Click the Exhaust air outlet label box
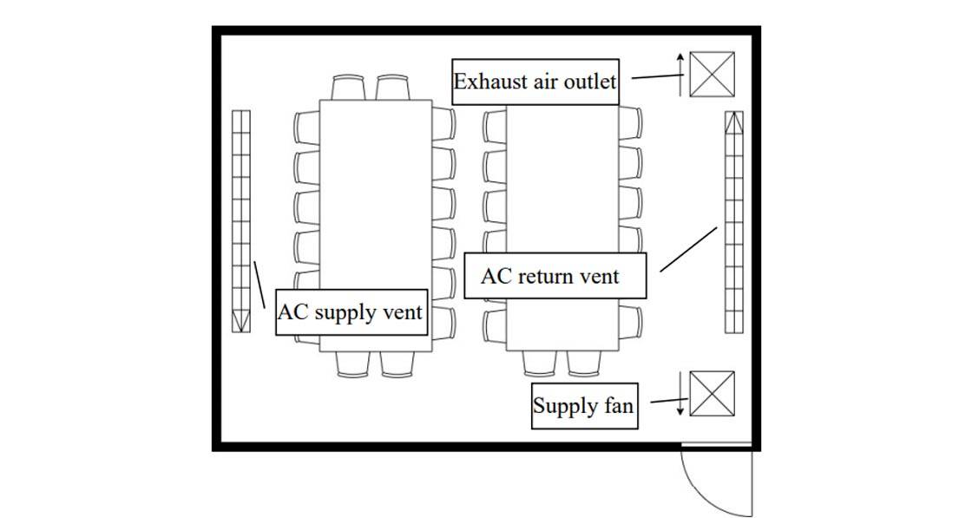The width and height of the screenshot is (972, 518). [535, 82]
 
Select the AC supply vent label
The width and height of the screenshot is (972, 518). [351, 312]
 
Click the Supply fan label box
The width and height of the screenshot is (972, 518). [583, 406]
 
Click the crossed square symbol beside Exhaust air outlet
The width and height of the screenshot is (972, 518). [712, 74]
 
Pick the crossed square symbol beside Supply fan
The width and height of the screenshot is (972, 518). [712, 394]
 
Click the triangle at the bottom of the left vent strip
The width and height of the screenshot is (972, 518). [240, 323]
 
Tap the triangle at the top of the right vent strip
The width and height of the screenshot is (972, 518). [734, 122]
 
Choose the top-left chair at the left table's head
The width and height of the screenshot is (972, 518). [349, 87]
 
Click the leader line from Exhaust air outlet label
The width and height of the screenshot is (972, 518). [656, 76]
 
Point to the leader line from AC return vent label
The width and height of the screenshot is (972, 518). [688, 249]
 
